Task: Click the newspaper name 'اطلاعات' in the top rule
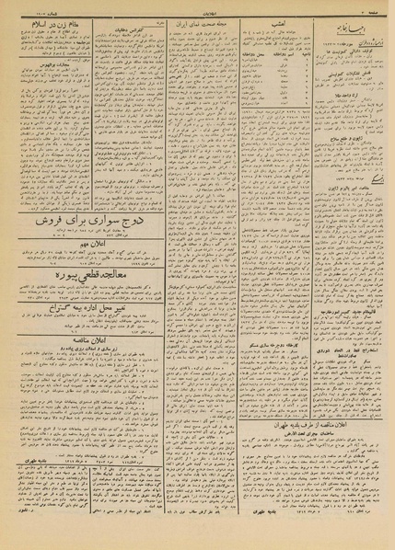tap(196, 7)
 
